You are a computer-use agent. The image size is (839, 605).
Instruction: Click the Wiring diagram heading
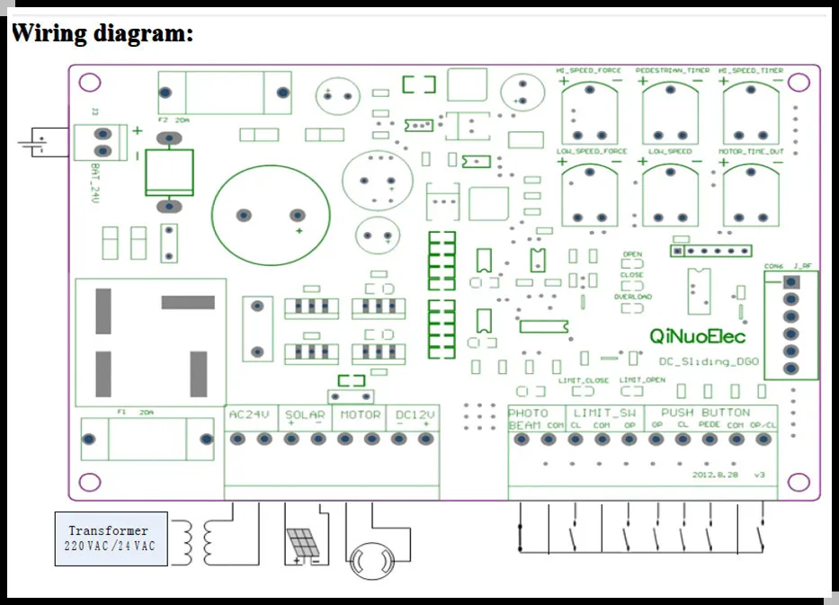tap(102, 35)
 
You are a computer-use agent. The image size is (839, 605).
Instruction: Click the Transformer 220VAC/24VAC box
tap(112, 538)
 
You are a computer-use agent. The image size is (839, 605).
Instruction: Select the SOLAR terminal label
tap(305, 415)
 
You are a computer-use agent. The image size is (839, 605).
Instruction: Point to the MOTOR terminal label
tap(360, 415)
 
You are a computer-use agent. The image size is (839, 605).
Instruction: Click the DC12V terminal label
tap(415, 415)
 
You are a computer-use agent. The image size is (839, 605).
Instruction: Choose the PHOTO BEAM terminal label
tap(527, 419)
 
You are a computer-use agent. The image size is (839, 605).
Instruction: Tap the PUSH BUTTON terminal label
tap(711, 413)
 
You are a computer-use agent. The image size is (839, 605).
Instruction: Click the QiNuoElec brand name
tap(698, 336)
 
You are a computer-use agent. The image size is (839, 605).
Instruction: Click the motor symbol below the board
tap(370, 561)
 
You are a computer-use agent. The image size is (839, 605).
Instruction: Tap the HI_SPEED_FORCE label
tap(589, 70)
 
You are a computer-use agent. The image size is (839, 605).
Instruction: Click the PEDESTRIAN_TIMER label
tap(672, 70)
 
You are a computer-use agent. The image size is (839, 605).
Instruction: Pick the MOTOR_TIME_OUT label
tap(751, 152)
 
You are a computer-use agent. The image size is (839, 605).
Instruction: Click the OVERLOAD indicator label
tap(633, 296)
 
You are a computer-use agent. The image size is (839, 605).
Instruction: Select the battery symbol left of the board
tap(36, 142)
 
